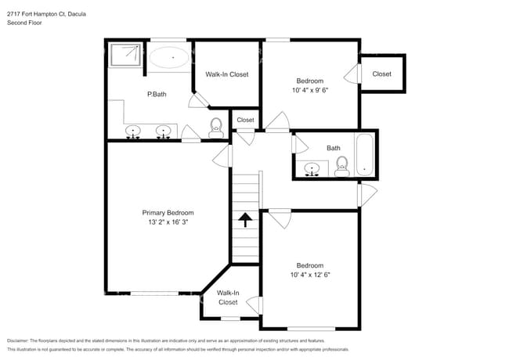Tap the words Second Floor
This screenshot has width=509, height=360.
pyautogui.click(x=24, y=23)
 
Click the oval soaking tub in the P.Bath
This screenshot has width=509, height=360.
pyautogui.click(x=169, y=57)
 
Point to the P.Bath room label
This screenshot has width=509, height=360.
pyautogui.click(x=157, y=95)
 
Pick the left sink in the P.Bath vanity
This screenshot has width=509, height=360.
pyautogui.click(x=133, y=130)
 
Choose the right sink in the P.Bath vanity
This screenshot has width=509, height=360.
pyautogui.click(x=164, y=130)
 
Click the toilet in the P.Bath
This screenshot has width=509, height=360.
pyautogui.click(x=216, y=126)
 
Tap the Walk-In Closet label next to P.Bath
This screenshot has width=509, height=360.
pyautogui.click(x=226, y=74)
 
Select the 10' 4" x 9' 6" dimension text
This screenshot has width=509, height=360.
pyautogui.click(x=311, y=90)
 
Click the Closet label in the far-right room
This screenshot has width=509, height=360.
pyautogui.click(x=381, y=74)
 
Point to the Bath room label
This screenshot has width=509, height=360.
pyautogui.click(x=334, y=148)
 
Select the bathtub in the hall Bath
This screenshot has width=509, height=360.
pyautogui.click(x=365, y=154)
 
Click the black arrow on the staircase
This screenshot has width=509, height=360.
pyautogui.click(x=244, y=220)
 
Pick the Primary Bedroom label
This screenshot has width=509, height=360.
pyautogui.click(x=168, y=213)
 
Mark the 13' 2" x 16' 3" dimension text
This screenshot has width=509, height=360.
pyautogui.click(x=168, y=222)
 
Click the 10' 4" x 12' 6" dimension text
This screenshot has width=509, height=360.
pyautogui.click(x=309, y=275)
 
